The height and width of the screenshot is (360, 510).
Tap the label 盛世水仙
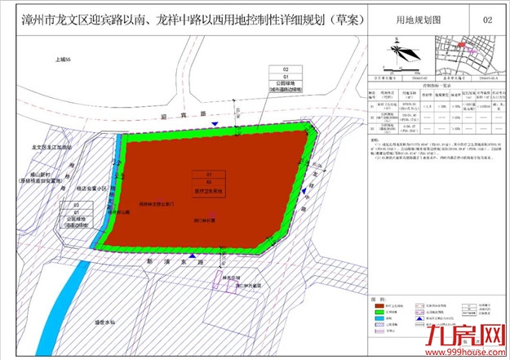coord(130,321)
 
